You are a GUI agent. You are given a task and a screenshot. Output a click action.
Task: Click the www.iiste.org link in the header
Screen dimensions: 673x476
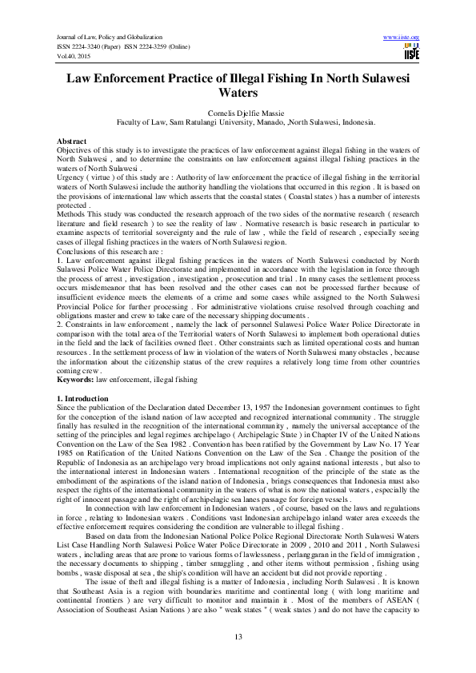tap(402, 38)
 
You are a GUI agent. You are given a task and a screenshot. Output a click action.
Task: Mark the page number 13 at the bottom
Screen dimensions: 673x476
tap(238, 635)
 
